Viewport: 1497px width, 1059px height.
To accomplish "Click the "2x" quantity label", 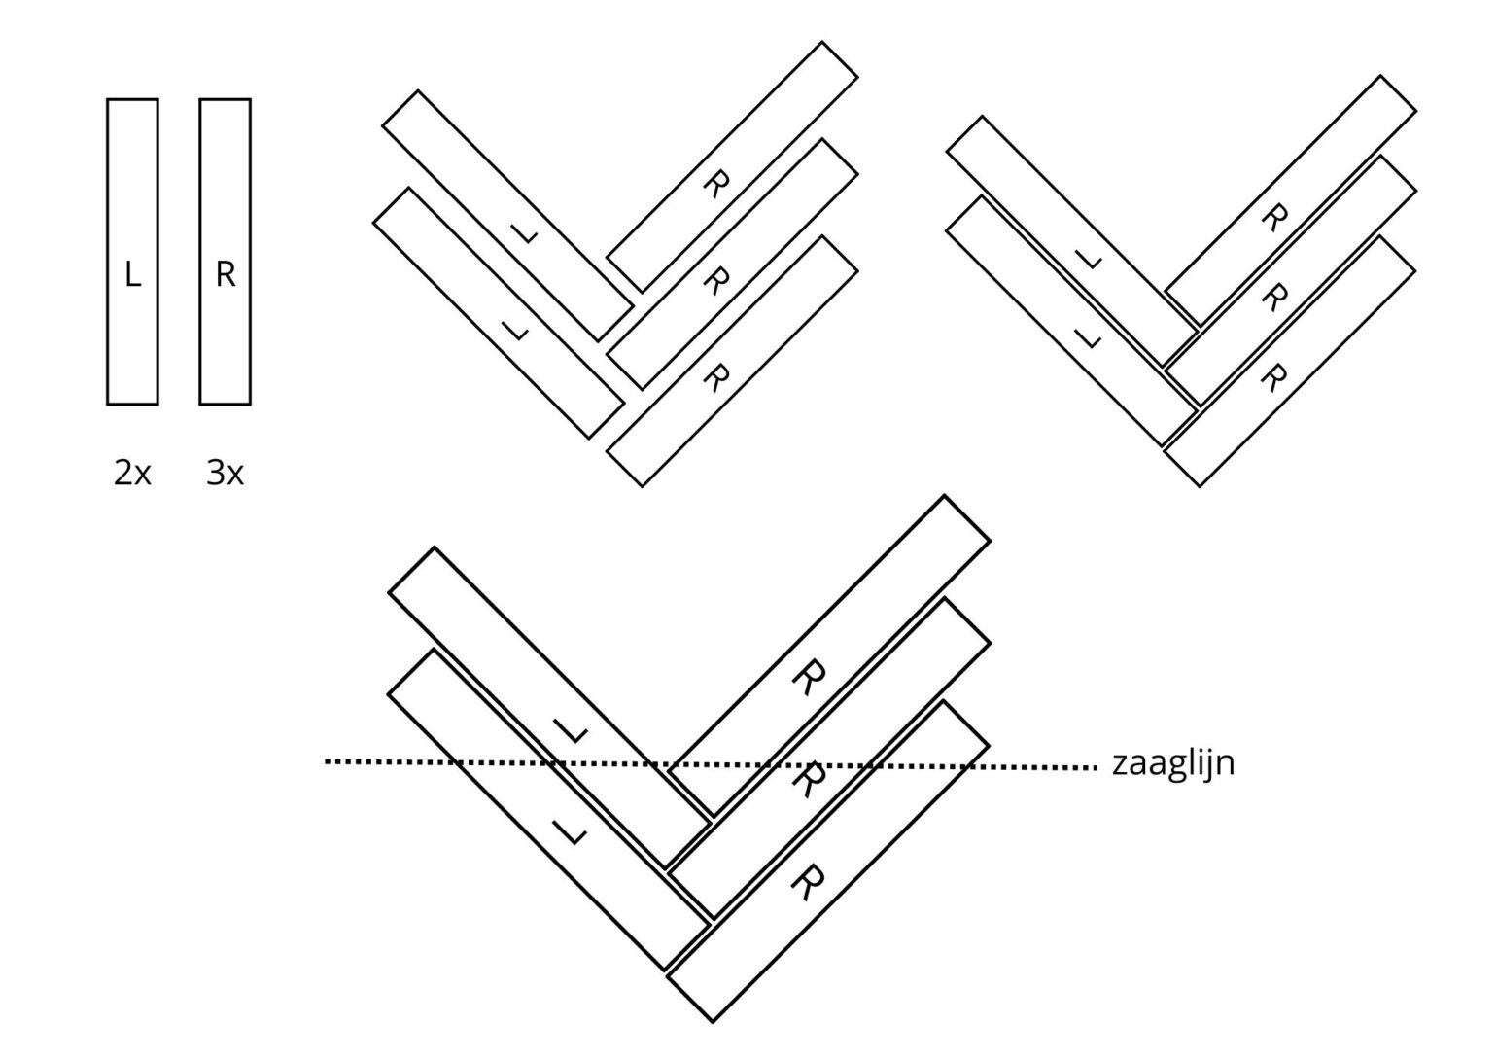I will pos(132,473).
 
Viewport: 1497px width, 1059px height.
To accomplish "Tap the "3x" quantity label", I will pos(225,473).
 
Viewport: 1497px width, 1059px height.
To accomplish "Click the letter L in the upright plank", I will pos(132,275).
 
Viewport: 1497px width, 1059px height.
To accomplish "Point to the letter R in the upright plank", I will pos(225,275).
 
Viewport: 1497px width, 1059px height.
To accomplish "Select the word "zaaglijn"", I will pos(1172,763).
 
